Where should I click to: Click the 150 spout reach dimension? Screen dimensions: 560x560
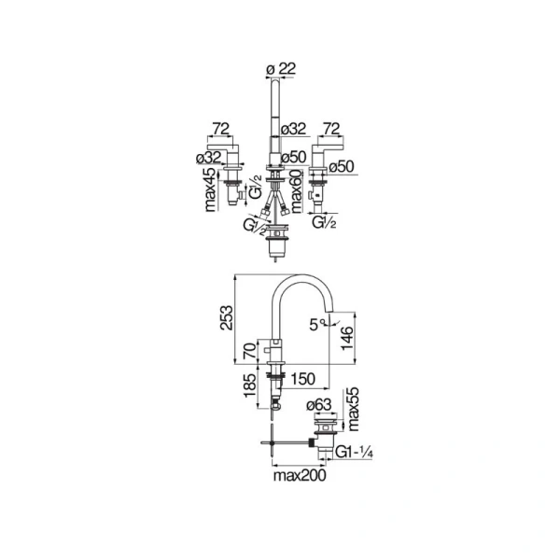tap(302, 380)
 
